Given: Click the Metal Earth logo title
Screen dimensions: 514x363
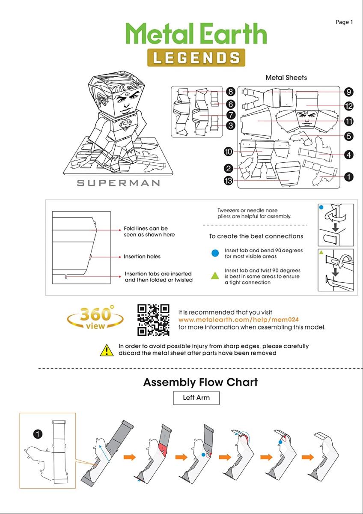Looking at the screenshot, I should click(x=196, y=34).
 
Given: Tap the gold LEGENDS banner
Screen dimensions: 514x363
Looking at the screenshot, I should click(x=196, y=57).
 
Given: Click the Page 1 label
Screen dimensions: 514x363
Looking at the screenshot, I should click(x=344, y=22).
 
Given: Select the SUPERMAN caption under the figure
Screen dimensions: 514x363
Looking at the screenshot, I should click(x=118, y=183).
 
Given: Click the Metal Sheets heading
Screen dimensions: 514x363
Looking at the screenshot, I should click(x=286, y=78).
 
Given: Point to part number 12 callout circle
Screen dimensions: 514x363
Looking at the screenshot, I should click(x=348, y=106).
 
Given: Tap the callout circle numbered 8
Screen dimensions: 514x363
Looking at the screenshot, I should click(x=230, y=92).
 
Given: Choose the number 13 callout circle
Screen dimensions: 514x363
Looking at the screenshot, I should click(x=228, y=181).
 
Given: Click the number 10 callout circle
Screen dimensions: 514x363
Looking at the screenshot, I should click(x=228, y=151).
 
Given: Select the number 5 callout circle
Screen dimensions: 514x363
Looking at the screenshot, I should click(x=348, y=136).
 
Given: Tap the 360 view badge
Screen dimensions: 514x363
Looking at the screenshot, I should click(x=95, y=318).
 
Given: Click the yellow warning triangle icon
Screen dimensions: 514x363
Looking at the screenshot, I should click(x=107, y=350).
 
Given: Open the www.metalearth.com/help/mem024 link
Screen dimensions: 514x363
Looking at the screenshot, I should click(x=238, y=320).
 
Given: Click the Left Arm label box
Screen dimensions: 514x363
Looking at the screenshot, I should click(x=196, y=397).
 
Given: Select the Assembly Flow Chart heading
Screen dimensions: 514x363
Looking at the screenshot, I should click(x=200, y=382).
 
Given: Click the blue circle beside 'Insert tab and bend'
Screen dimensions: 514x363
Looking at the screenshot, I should click(x=215, y=253).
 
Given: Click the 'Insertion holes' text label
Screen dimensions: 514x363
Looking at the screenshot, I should click(x=142, y=257).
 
